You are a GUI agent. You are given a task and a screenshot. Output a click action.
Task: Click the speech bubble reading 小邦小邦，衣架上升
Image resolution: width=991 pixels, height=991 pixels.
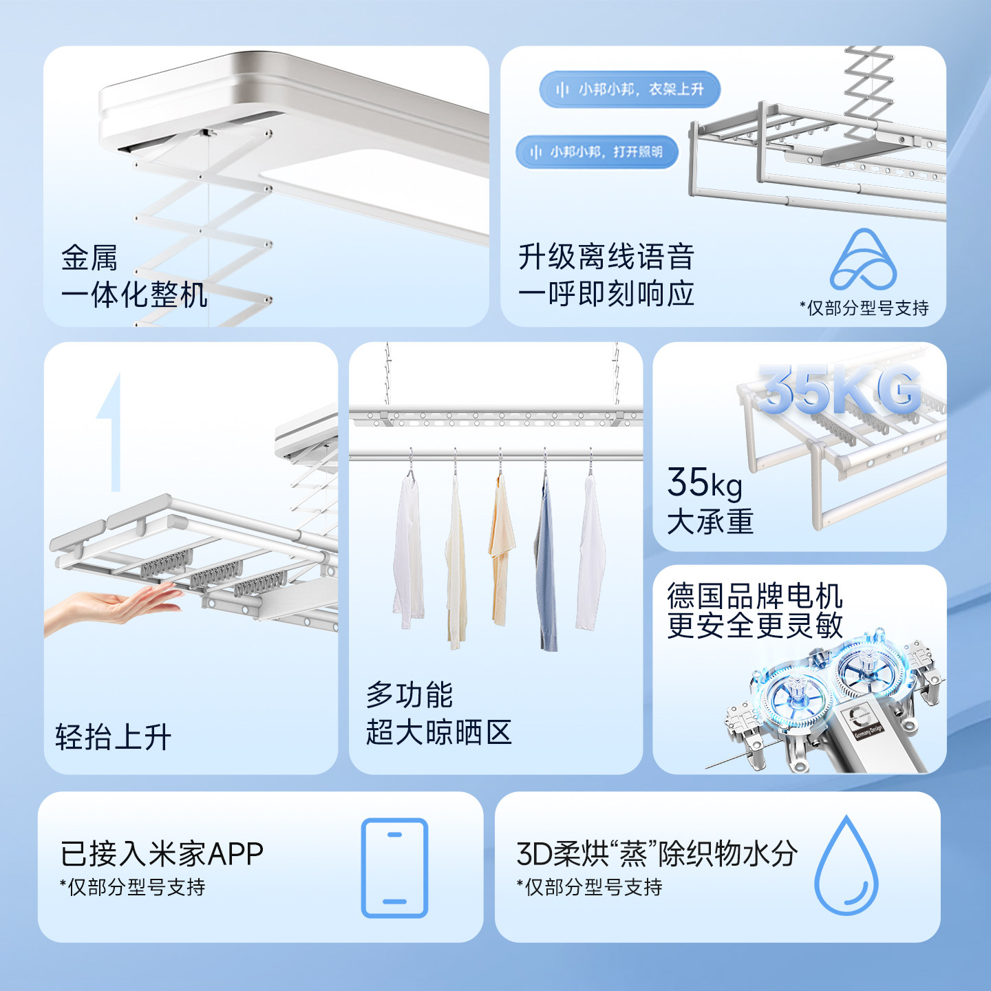pos(630,89)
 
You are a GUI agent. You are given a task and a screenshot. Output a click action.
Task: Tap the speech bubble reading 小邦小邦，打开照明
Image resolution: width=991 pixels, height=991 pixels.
pos(597,152)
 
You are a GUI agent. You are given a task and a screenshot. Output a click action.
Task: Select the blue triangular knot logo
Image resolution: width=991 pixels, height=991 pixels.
pos(863,261)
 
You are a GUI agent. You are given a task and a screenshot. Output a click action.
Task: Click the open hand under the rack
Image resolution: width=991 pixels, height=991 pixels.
pos(117,606)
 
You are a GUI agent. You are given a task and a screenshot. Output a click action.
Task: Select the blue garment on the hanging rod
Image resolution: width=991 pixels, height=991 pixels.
pos(548,564)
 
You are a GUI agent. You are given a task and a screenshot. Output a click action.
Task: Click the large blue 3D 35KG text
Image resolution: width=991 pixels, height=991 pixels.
pos(840,390)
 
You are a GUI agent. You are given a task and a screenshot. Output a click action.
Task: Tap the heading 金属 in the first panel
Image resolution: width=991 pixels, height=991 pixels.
pos(89,258)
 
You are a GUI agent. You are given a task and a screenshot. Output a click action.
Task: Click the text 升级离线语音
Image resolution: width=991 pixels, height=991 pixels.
pos(606,257)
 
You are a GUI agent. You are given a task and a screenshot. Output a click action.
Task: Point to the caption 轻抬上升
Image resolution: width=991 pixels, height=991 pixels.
pos(114,737)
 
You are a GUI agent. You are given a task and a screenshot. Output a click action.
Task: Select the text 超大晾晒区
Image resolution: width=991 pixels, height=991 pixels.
pos(438,732)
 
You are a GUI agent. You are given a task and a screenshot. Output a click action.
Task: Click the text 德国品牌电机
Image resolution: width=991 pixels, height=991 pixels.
pos(754,595)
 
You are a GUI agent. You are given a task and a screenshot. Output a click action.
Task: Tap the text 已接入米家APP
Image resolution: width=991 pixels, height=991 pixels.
pos(162,854)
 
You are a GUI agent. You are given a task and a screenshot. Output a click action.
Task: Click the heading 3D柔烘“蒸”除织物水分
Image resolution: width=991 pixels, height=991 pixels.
pos(657,854)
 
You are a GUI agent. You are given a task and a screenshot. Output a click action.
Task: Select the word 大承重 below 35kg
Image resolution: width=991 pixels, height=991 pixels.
pos(710,522)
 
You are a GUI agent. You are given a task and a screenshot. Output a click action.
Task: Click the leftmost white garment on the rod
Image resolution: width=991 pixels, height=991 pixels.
pos(408,551)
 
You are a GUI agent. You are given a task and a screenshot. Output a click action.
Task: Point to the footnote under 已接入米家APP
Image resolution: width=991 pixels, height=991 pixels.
pos(133,887)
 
